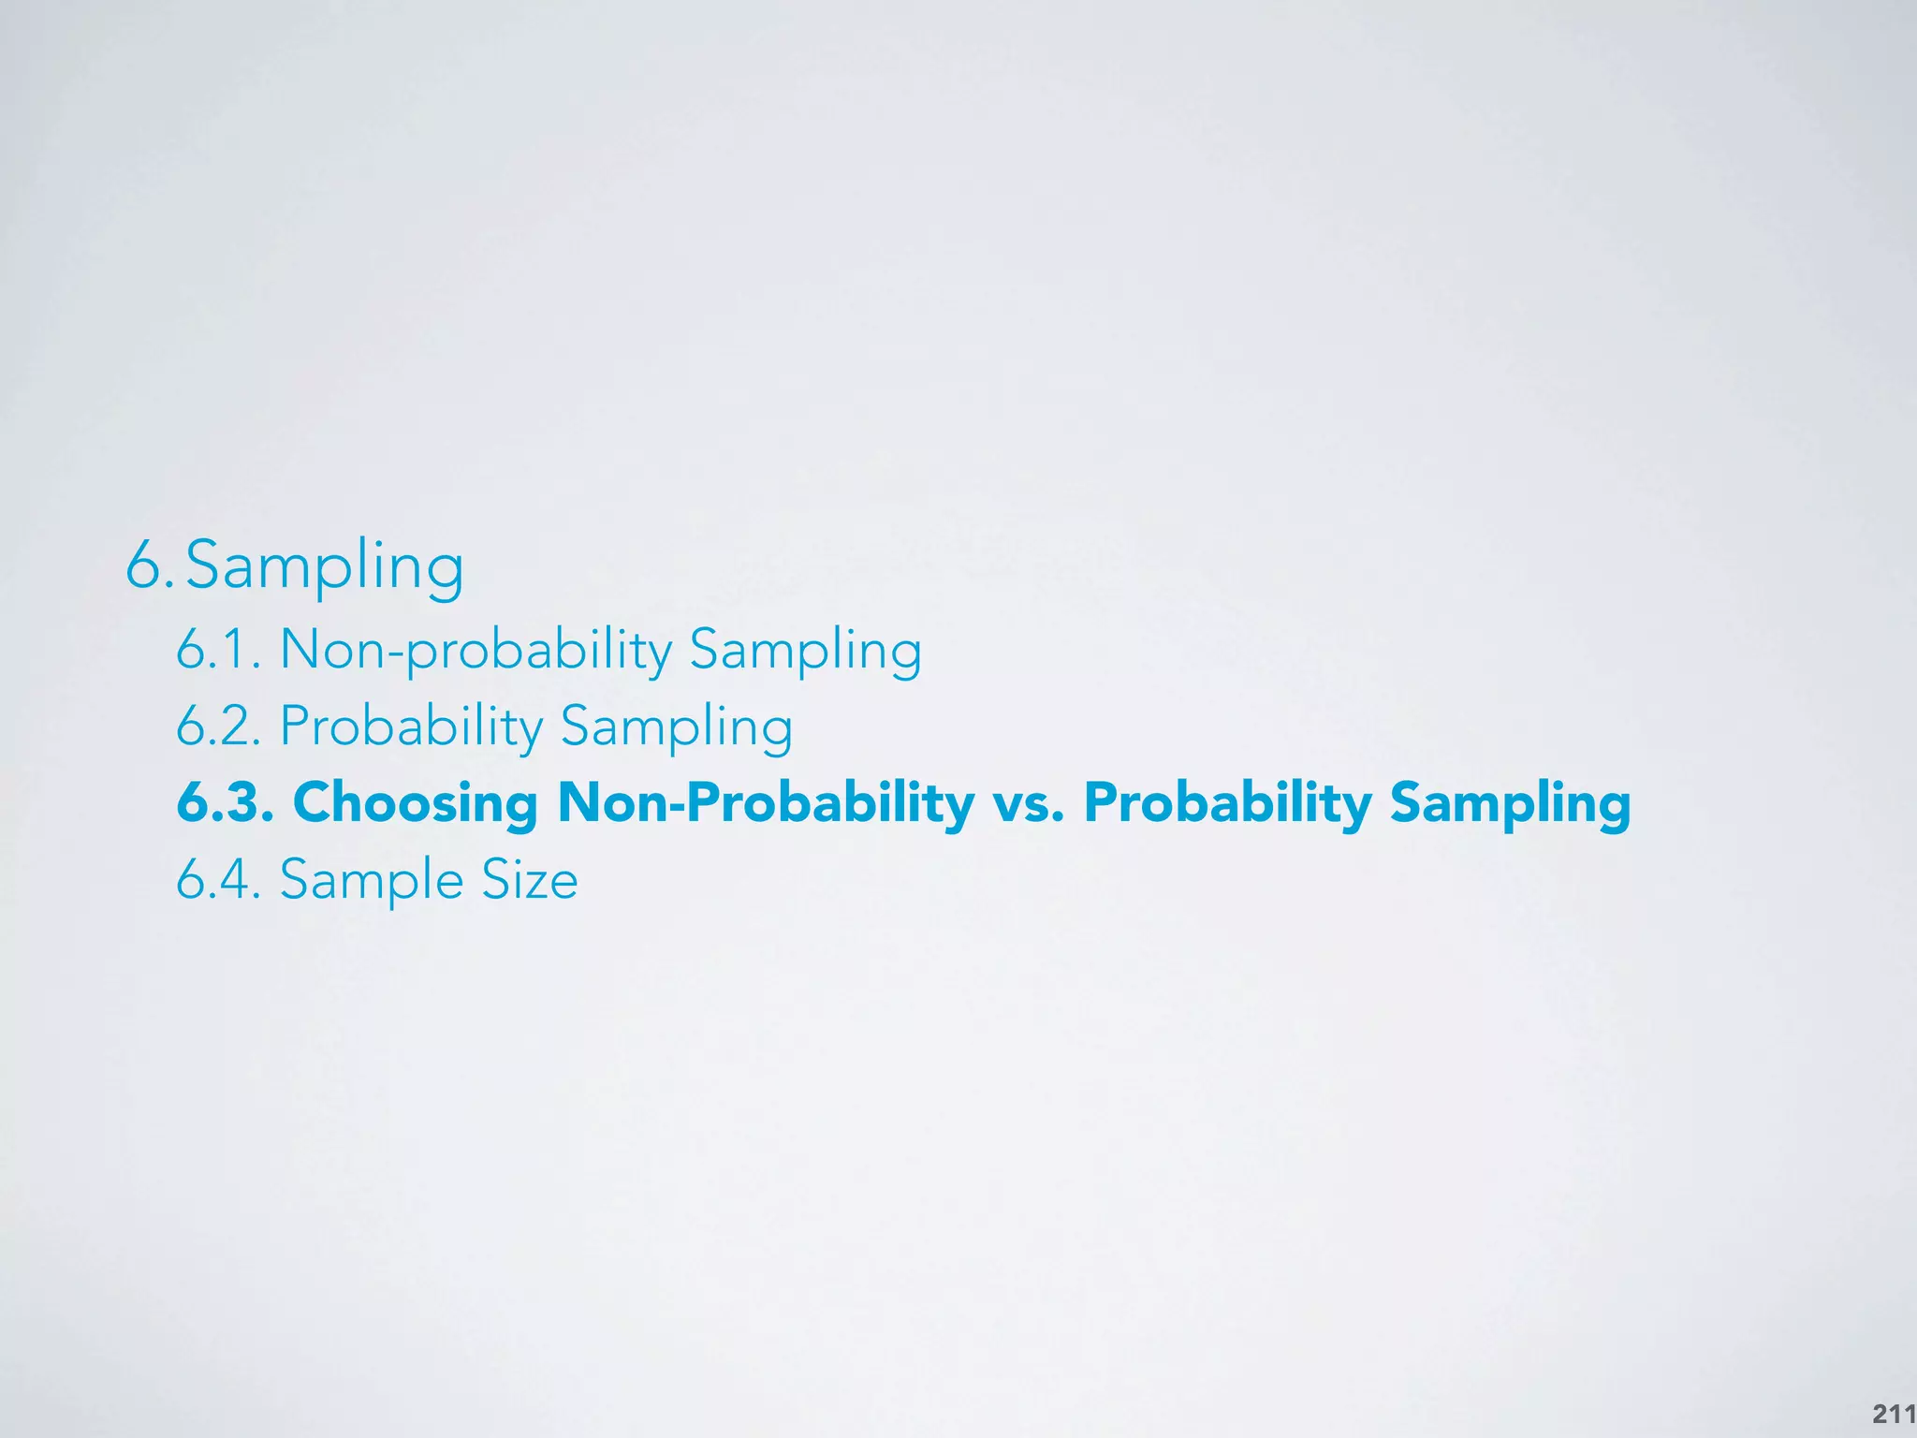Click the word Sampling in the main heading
pyautogui.click(x=325, y=566)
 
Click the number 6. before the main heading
pyautogui.click(x=149, y=566)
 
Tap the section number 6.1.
pyautogui.click(x=217, y=649)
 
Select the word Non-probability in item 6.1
pyautogui.click(x=476, y=649)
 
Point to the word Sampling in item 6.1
pyautogui.click(x=805, y=649)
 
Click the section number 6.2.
pyautogui.click(x=217, y=726)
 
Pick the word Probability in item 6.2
pyautogui.click(x=411, y=726)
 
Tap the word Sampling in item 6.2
pyautogui.click(x=676, y=726)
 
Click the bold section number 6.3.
pyautogui.click(x=225, y=802)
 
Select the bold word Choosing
pyautogui.click(x=415, y=802)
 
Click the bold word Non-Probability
pyautogui.click(x=766, y=802)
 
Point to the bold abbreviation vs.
pyautogui.click(x=1029, y=802)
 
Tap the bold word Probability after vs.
pyautogui.click(x=1227, y=802)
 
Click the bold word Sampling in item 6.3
pyautogui.click(x=1510, y=802)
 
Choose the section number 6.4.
pyautogui.click(x=217, y=879)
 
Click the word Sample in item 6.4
pyautogui.click(x=371, y=879)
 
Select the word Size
pyautogui.click(x=529, y=879)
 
